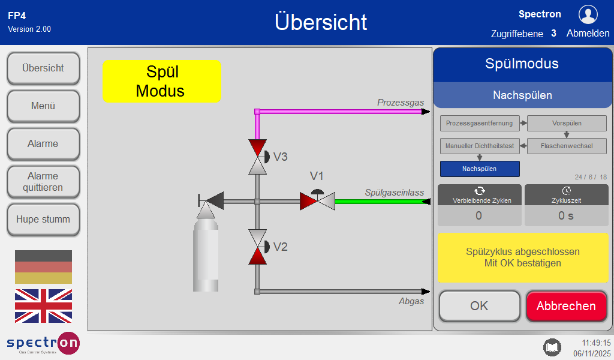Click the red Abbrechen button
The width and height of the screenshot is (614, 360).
(566, 306)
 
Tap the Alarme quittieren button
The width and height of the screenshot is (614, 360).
(43, 182)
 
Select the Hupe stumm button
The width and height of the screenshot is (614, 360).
(43, 220)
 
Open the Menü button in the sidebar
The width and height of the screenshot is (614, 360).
(43, 106)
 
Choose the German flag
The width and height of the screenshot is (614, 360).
(43, 267)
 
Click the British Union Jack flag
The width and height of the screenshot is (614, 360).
(43, 306)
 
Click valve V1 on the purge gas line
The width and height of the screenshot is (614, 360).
(317, 200)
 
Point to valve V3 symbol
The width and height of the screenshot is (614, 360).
(259, 157)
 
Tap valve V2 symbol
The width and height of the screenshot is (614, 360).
(259, 247)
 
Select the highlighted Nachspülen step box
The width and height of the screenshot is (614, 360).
(480, 169)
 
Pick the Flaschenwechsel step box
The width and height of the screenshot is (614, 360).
(567, 146)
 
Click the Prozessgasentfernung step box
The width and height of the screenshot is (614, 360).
(480, 123)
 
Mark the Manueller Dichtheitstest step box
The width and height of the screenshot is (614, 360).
(480, 146)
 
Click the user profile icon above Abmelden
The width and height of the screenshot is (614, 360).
(588, 14)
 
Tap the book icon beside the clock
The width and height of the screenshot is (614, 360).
(552, 347)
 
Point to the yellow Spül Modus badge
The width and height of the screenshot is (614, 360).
(162, 82)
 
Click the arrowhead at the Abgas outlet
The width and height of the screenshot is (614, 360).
(426, 292)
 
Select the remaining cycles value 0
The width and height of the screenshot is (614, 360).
(479, 216)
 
